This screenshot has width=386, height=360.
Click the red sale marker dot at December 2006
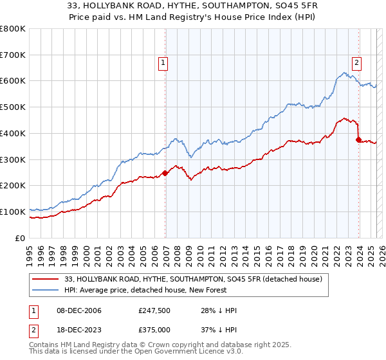tap(165, 172)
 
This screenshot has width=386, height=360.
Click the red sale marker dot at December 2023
tap(358, 139)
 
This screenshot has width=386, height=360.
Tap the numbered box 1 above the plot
tap(163, 63)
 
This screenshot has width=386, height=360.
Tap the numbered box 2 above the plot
tap(356, 63)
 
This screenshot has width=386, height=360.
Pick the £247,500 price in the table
tap(153, 310)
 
